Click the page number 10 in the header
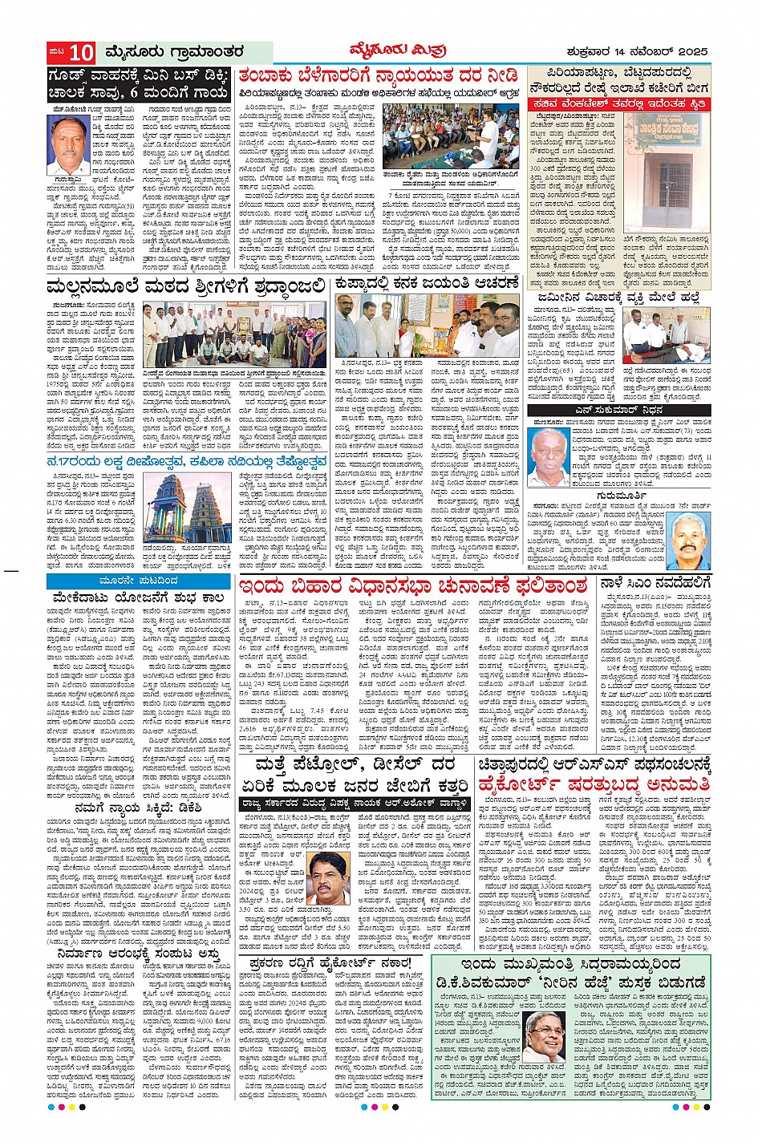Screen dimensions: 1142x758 (81, 53)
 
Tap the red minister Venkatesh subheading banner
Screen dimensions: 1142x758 (619, 104)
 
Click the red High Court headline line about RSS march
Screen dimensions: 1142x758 (594, 784)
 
